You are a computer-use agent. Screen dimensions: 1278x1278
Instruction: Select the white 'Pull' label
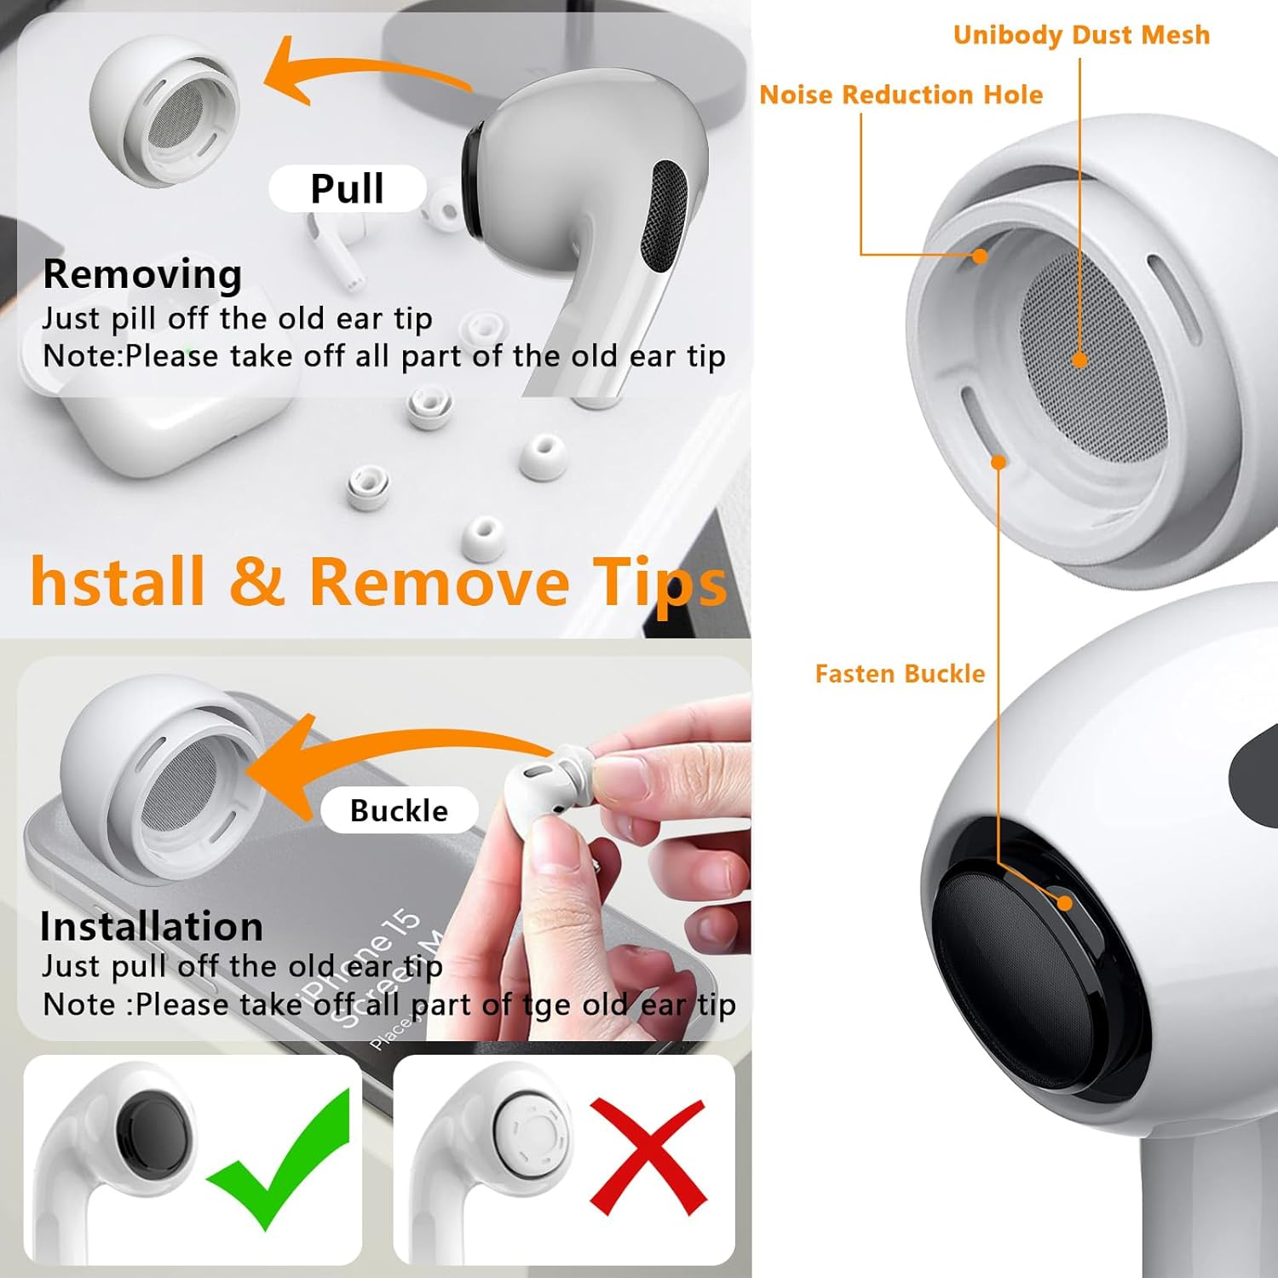point(347,188)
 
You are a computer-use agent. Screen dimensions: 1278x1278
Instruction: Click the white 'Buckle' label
point(399,810)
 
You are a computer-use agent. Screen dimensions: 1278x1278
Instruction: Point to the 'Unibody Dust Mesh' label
point(1081,35)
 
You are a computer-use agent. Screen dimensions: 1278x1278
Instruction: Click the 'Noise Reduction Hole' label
point(901,95)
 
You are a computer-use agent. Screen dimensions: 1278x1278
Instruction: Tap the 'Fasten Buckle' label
point(900,674)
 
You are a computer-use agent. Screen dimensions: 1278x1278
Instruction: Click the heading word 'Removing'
point(142,274)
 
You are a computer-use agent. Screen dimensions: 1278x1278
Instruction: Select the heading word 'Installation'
point(151,927)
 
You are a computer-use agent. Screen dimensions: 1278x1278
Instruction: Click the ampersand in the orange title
point(256,582)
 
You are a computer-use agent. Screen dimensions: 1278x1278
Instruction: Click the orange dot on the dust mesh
point(1079,360)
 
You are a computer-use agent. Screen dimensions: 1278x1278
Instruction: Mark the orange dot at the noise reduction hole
point(980,256)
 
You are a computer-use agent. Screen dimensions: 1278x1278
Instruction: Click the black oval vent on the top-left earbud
point(667,217)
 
